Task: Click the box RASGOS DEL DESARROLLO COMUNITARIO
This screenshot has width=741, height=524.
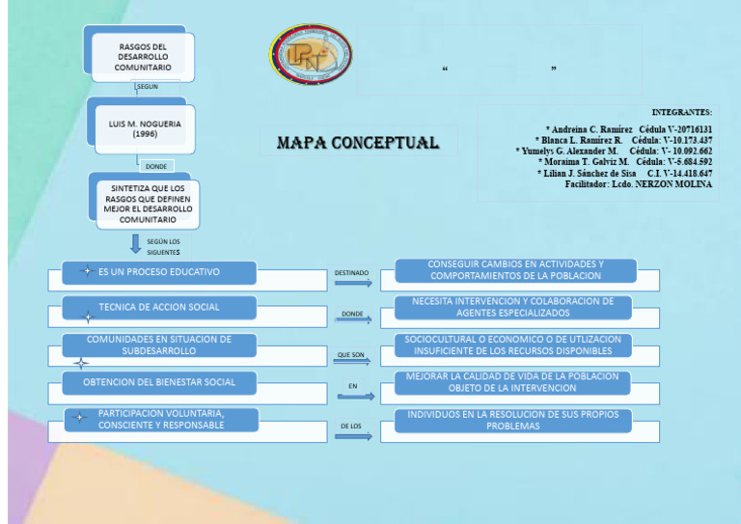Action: [143, 57]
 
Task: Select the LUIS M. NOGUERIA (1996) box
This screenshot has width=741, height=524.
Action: [145, 128]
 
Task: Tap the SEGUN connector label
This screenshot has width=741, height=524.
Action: [147, 86]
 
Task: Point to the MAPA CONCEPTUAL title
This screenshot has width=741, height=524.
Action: [357, 143]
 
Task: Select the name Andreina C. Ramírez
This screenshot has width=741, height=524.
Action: [589, 129]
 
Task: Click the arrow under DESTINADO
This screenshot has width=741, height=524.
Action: [353, 284]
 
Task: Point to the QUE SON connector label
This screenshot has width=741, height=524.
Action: [351, 355]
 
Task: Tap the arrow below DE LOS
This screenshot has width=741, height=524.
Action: [353, 436]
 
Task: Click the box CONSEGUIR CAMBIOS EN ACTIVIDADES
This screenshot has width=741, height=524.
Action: [515, 270]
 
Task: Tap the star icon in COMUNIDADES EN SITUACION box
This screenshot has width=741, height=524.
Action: [82, 364]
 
